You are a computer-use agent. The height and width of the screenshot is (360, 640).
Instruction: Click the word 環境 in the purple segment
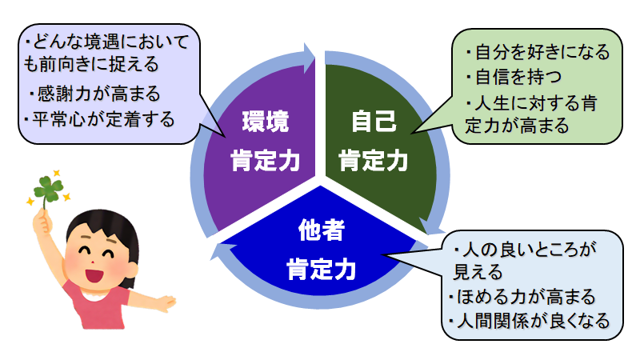266,122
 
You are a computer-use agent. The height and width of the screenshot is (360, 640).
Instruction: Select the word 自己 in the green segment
374,121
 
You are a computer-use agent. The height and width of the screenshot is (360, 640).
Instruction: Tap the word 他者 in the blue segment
322,230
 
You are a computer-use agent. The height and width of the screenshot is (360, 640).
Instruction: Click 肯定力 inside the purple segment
266,161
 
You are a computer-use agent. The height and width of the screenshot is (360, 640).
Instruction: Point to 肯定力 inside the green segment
374,161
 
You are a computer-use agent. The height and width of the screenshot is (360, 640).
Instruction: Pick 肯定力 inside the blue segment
322,270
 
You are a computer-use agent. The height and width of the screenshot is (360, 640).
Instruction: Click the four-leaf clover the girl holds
49,190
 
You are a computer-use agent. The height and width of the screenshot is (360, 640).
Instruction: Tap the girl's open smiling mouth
94,275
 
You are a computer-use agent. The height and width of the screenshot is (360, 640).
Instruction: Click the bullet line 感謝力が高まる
95,94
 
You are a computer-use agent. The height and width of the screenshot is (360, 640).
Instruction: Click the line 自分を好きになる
538,52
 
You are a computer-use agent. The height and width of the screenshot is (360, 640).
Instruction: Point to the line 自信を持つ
514,77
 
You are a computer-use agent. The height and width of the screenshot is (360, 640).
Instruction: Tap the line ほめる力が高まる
522,297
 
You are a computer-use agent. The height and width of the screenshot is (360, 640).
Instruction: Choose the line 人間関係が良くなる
529,321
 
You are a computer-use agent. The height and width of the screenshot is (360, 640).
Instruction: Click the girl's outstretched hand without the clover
166,303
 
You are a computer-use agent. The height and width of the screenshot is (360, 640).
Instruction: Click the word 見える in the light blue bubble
478,272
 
